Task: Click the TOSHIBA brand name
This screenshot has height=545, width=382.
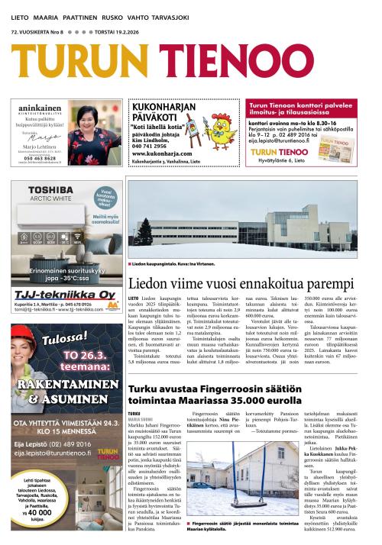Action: tap(40, 187)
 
